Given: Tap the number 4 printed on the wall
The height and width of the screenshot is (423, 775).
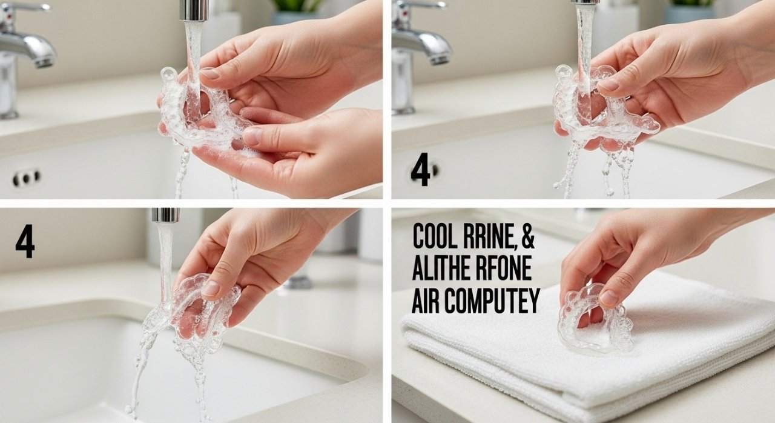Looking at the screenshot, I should pyautogui.click(x=25, y=242).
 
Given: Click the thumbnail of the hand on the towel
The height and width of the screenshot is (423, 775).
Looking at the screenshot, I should pyautogui.click(x=608, y=296).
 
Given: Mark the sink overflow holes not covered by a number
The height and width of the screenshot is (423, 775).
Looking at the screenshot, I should pyautogui.click(x=27, y=178).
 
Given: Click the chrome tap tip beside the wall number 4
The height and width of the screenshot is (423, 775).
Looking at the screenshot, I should pyautogui.click(x=165, y=215).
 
